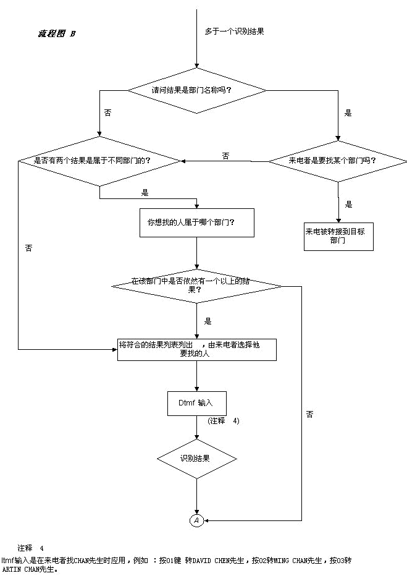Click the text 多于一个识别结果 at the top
235,32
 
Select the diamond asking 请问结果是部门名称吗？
196,90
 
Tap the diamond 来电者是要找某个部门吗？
337,161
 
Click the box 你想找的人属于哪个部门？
197,222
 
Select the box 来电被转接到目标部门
338,236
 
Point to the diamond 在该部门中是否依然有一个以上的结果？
196,286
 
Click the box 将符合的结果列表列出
196,349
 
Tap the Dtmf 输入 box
197,403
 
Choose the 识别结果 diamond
196,459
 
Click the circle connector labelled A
196,520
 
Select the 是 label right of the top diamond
348,113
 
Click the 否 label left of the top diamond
108,113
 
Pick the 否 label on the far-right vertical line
309,415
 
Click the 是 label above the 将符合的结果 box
208,321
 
